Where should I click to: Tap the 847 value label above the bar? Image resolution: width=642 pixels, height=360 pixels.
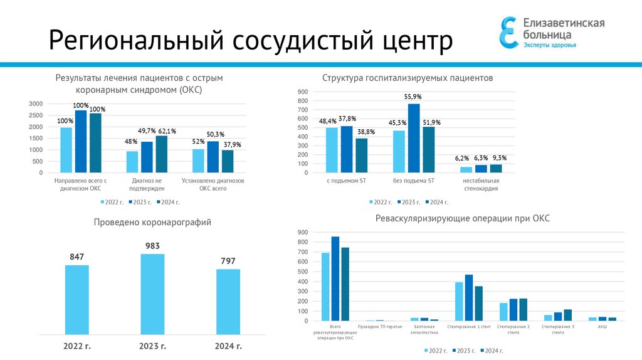tap(77, 257)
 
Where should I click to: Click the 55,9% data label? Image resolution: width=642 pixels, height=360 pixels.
tap(413, 97)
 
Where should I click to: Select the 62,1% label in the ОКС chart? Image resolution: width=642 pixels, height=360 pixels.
tap(166, 130)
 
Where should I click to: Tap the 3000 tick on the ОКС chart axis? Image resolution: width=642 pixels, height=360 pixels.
tap(36, 103)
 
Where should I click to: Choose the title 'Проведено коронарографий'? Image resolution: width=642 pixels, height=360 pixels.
tap(152, 222)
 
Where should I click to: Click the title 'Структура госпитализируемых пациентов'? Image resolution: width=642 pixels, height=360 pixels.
tap(408, 78)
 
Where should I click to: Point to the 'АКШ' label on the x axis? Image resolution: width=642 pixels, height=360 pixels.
tap(603, 327)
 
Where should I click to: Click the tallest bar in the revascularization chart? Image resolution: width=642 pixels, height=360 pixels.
tap(335, 278)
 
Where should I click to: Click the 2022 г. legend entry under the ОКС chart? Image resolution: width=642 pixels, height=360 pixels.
tap(112, 202)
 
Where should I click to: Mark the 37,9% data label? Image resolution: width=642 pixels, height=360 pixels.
tap(231, 145)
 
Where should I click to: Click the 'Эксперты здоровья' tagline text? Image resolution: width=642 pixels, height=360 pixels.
tap(550, 45)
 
